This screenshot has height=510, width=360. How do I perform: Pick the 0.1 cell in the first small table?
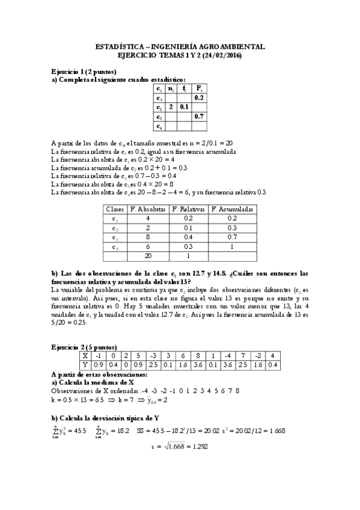coord(184,106)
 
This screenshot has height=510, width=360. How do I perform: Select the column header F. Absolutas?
coord(148,209)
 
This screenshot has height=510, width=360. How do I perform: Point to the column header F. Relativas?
coord(188,209)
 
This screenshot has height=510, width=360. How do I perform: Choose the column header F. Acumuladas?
coord(233,209)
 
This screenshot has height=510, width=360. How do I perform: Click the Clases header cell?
coord(115,209)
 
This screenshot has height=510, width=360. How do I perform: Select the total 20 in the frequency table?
coord(148,256)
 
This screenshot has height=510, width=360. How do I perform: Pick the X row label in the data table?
coord(85,355)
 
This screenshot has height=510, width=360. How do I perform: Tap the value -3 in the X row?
coord(153,355)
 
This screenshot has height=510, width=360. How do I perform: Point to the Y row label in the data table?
coord(85,364)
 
